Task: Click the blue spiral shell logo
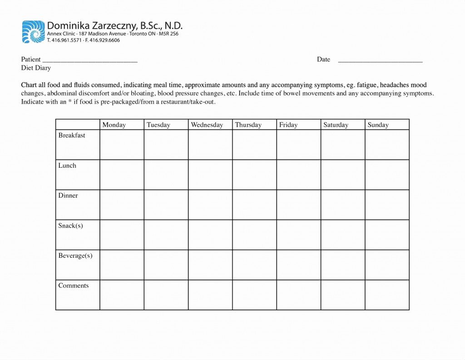(33, 32)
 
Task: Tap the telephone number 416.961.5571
(66, 40)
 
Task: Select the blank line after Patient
(89, 60)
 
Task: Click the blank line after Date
(380, 60)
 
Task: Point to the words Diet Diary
(36, 68)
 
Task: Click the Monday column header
(114, 125)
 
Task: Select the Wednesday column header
(207, 125)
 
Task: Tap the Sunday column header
(378, 125)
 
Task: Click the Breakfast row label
(72, 135)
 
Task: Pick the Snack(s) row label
(70, 225)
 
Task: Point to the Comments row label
(73, 285)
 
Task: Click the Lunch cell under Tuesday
(166, 175)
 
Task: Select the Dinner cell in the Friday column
(298, 205)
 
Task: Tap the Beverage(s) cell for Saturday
(343, 265)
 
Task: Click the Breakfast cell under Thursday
(254, 145)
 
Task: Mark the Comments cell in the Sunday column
(387, 295)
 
